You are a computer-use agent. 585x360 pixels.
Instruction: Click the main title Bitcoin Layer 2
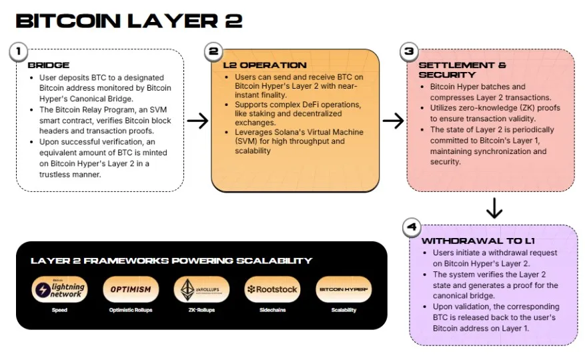tap(129, 21)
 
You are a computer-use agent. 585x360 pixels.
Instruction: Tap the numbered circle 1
tap(18, 51)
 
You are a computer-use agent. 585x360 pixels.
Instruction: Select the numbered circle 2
tap(213, 51)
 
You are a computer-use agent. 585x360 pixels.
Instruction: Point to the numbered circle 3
tap(409, 51)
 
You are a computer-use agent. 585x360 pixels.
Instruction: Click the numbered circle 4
tap(412, 227)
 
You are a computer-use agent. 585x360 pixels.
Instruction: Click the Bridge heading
tap(49, 65)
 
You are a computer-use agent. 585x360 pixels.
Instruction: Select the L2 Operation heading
tap(265, 65)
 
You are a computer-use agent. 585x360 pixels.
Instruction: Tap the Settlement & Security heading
tap(462, 70)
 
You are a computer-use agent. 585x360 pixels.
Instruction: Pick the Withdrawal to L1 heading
tap(478, 241)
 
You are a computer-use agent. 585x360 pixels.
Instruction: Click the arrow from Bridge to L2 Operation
tap(197, 121)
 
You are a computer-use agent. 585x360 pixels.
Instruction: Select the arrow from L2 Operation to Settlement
tap(394, 121)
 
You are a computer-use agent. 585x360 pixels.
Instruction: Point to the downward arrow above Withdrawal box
tap(494, 208)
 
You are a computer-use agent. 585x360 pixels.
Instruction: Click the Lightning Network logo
tap(59, 289)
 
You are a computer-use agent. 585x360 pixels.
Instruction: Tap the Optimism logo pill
tap(131, 289)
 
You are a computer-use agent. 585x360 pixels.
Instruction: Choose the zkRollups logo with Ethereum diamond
tap(201, 289)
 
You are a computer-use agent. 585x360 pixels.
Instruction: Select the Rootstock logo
tap(272, 289)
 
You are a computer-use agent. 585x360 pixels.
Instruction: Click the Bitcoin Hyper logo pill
tap(344, 289)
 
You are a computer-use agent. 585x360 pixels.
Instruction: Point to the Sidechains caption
tap(273, 310)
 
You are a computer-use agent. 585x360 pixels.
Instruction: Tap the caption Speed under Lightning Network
tap(59, 310)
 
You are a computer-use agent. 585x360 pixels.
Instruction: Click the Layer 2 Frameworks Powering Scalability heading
tap(171, 261)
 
